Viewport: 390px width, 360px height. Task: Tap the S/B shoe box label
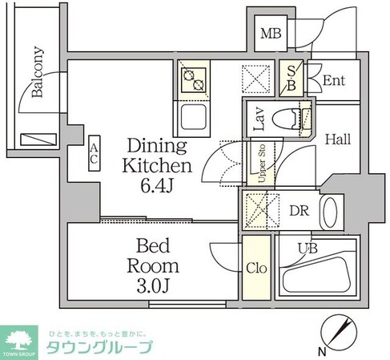291,76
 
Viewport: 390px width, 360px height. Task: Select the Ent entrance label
333,80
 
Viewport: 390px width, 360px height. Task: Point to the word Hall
337,139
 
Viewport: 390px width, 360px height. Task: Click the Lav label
259,119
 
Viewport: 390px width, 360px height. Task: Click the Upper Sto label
260,164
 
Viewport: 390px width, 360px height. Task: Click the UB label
308,249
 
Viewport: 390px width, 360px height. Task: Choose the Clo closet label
256,267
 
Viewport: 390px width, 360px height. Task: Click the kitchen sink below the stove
194,118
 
